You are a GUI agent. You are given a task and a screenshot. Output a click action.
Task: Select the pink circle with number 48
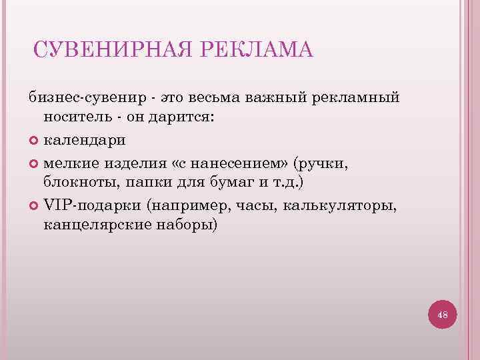442,314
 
